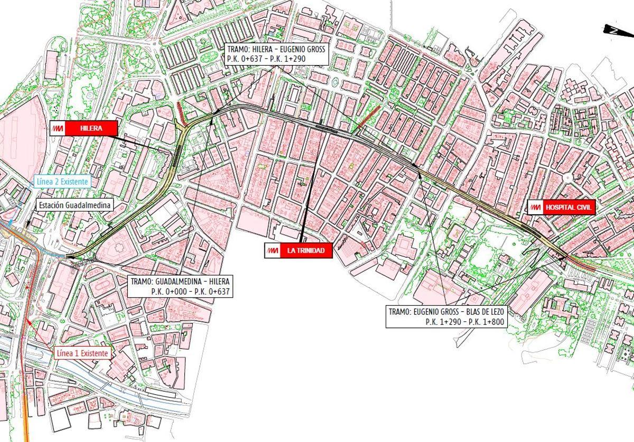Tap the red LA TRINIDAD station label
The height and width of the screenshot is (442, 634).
point(305,251)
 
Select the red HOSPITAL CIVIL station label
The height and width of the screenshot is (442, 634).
point(569,208)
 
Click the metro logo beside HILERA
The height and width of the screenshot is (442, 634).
point(59,128)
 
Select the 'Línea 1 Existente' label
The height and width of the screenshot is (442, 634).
point(83,353)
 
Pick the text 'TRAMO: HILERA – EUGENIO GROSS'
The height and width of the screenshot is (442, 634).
point(277,50)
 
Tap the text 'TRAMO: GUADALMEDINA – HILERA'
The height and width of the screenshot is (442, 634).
point(180,281)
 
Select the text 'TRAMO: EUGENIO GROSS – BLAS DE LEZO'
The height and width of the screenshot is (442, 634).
point(446,312)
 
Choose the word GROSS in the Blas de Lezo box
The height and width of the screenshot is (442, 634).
point(450,312)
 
